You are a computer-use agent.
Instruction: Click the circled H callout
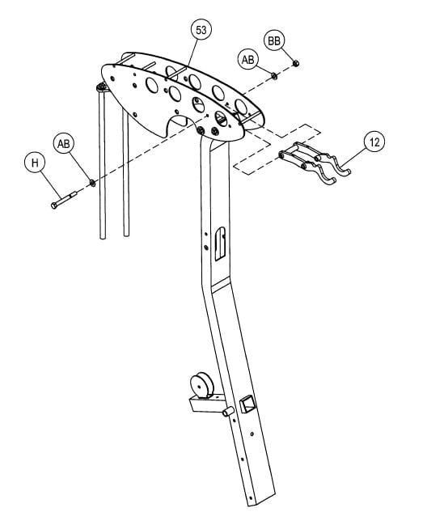(x=35, y=163)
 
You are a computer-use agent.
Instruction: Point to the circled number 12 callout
(x=374, y=142)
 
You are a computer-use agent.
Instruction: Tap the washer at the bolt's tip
(x=94, y=183)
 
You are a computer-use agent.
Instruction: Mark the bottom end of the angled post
(x=264, y=495)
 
